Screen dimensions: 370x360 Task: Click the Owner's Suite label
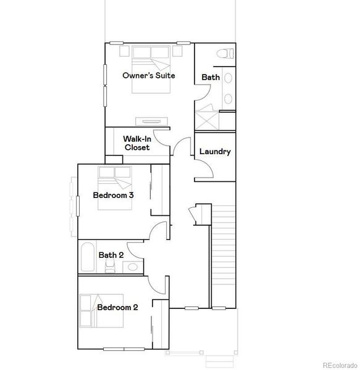tap(148, 76)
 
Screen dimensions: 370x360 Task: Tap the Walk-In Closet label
tap(137, 143)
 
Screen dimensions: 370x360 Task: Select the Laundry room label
tap(215, 152)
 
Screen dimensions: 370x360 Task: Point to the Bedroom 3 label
tap(114, 195)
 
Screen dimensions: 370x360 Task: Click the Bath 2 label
tap(111, 255)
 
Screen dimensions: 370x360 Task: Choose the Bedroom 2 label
tap(117, 307)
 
